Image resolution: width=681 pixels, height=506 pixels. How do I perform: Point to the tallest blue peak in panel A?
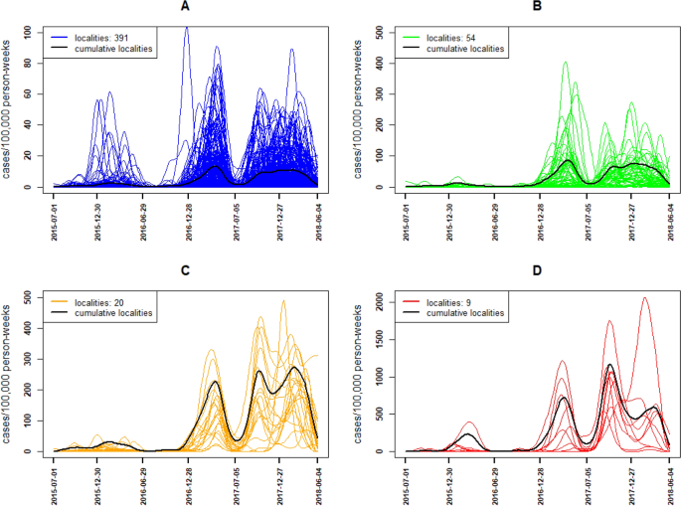(186, 29)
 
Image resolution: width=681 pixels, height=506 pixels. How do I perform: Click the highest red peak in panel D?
(644, 298)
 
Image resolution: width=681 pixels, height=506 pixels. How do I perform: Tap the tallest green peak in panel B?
(566, 63)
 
